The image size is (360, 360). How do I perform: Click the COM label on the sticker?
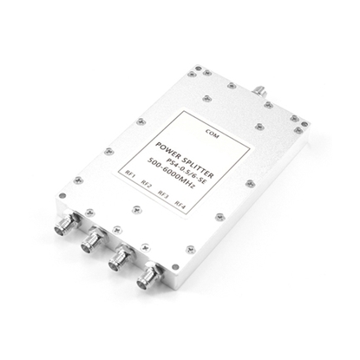[x=212, y=133]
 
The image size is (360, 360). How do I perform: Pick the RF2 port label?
[x=147, y=186]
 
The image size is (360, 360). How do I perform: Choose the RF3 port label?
[x=163, y=195]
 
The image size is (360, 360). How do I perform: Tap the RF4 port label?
[x=180, y=205]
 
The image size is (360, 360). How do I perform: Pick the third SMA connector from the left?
[x=118, y=260]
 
